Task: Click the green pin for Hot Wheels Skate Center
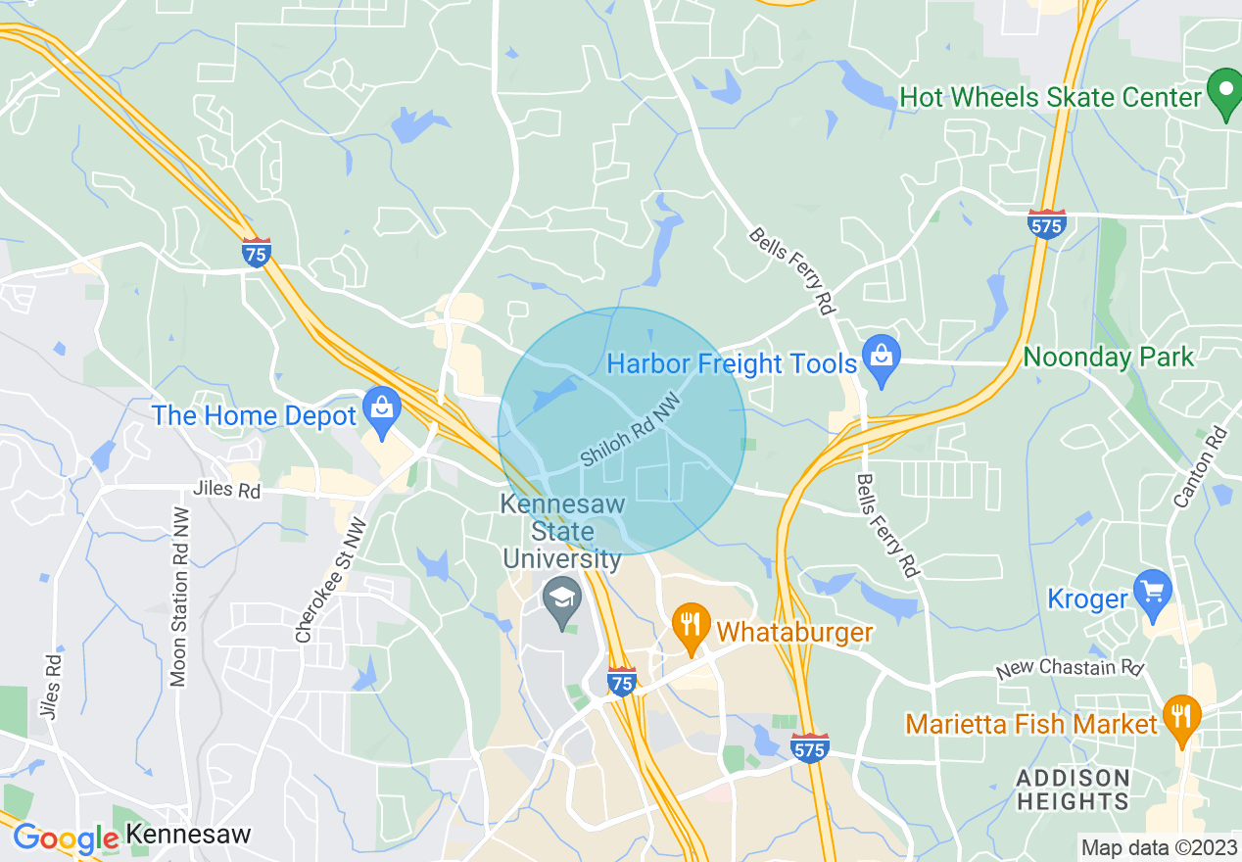(x=1224, y=94)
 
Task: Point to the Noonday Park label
(x=1108, y=357)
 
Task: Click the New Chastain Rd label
(x=1070, y=670)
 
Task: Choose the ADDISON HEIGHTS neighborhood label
(x=1072, y=790)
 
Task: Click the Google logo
(x=65, y=838)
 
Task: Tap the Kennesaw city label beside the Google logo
(x=189, y=836)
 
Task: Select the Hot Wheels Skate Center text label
(x=1050, y=98)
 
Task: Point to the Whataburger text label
(x=794, y=632)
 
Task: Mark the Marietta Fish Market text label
(x=1031, y=724)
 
